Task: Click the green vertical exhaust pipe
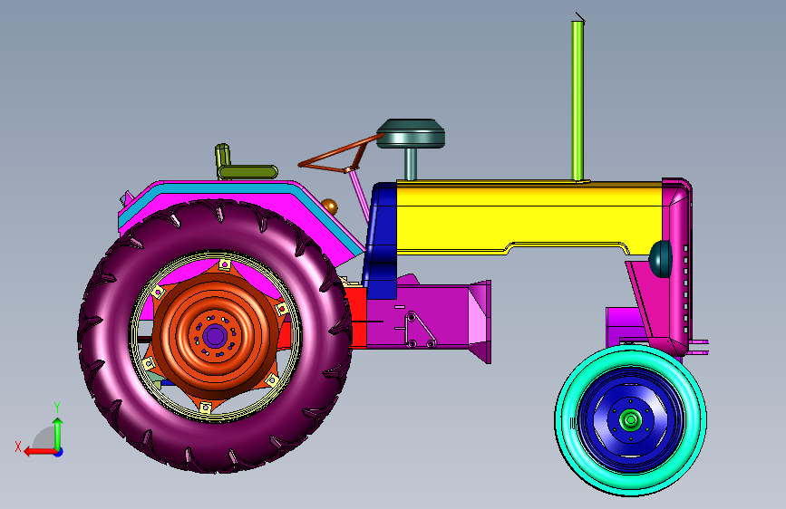pyautogui.click(x=577, y=101)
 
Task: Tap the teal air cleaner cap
pyautogui.click(x=411, y=133)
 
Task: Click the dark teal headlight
pyautogui.click(x=660, y=258)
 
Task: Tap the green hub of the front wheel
pyautogui.click(x=630, y=419)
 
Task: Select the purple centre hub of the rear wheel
pyautogui.click(x=215, y=336)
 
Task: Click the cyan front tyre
pyautogui.click(x=631, y=420)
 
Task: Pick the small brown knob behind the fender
pyautogui.click(x=329, y=206)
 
